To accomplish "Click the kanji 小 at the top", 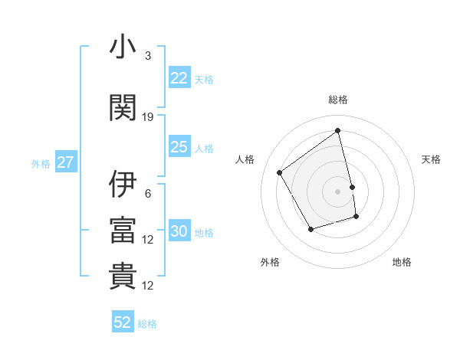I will [x=123, y=47].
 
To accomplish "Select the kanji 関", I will [x=123, y=108].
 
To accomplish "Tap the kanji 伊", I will [x=123, y=185].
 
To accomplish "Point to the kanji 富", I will [x=123, y=230].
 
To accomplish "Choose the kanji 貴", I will [x=123, y=277].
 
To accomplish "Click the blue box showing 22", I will [x=179, y=78].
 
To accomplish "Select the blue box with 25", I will [x=179, y=147].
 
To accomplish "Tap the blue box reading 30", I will [x=179, y=232].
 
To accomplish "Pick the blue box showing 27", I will [x=65, y=162].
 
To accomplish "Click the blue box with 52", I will [x=123, y=322].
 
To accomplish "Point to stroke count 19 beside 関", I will [x=148, y=116].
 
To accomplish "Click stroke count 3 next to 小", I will [x=148, y=56].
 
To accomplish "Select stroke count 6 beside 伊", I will [x=148, y=193].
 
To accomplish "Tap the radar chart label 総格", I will [x=338, y=100].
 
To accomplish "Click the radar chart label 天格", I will [x=431, y=159].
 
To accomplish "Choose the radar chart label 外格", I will [x=270, y=262].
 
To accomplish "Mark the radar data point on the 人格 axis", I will [x=280, y=172].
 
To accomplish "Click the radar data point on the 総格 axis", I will [x=338, y=131].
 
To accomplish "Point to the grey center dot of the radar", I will [x=338, y=191].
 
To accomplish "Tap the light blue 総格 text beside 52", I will [x=147, y=323].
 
